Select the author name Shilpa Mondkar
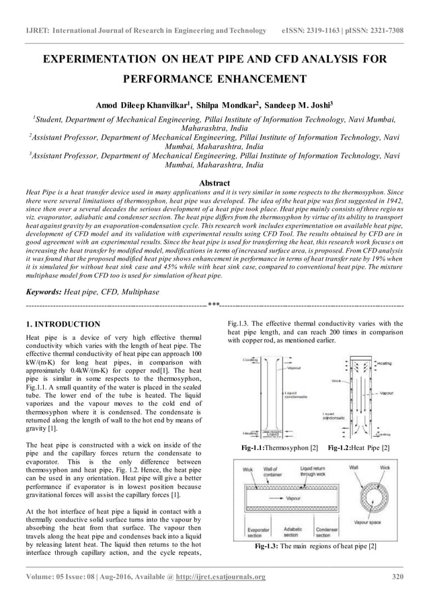click(x=230, y=105)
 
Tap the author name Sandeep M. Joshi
click(x=303, y=105)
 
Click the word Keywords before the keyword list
click(x=42, y=292)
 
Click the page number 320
click(x=397, y=576)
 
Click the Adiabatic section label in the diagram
click(x=292, y=532)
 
